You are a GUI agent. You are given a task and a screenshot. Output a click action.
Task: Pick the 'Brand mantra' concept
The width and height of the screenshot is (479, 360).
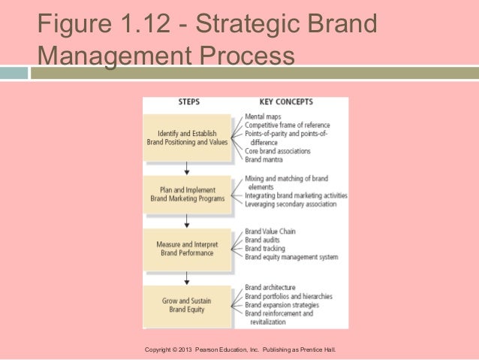pos(265,159)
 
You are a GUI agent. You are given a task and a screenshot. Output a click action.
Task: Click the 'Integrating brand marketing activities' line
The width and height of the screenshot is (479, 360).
pos(296,195)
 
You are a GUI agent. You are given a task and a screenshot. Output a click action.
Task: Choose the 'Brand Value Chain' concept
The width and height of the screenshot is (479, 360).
pos(271,231)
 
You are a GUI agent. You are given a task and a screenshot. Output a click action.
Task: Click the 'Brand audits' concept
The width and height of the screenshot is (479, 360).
pos(264,240)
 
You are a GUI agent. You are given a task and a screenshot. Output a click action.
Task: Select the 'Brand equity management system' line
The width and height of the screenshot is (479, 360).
pos(291,257)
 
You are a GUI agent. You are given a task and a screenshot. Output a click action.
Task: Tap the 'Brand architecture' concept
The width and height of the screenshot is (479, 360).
pos(270,287)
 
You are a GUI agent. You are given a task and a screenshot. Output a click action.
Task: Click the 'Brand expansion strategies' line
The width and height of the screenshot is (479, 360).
pos(282,304)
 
